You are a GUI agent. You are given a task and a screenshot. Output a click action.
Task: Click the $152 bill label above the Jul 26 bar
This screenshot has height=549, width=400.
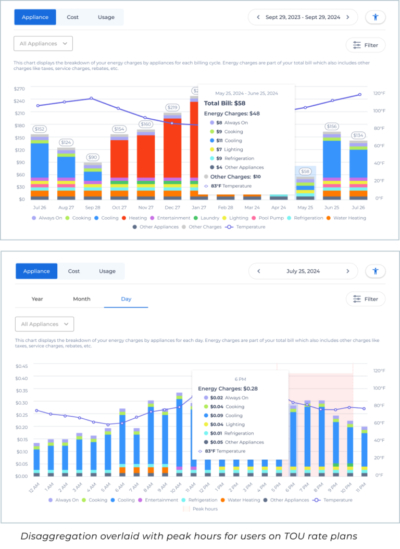click(x=39, y=129)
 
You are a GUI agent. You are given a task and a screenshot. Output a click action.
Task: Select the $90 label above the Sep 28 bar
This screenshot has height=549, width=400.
click(x=92, y=157)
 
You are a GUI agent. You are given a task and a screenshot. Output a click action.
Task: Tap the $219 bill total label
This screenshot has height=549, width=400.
click(x=172, y=107)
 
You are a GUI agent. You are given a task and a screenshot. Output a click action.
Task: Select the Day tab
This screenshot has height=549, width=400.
click(x=126, y=299)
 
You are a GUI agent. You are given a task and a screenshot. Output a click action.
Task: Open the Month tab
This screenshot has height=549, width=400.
click(x=82, y=299)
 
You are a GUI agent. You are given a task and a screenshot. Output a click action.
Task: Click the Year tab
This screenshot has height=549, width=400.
click(x=37, y=299)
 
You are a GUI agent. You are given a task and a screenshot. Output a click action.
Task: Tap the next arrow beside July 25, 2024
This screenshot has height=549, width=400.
click(x=348, y=271)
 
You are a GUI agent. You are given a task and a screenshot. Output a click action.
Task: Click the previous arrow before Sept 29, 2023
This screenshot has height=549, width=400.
click(x=257, y=17)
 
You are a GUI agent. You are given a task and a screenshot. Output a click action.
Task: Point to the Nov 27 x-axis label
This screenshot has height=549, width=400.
click(x=146, y=207)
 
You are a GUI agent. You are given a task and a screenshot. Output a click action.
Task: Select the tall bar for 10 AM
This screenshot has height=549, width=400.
click(x=179, y=432)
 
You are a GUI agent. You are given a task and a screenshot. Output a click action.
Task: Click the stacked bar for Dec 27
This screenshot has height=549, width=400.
click(x=172, y=156)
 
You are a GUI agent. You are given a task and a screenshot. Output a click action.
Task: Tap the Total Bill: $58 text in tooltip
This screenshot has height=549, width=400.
click(x=224, y=103)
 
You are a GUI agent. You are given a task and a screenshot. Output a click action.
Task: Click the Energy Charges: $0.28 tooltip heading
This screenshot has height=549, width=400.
click(x=228, y=389)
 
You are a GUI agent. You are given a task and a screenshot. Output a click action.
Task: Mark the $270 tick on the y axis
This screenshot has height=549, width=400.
click(x=19, y=89)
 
